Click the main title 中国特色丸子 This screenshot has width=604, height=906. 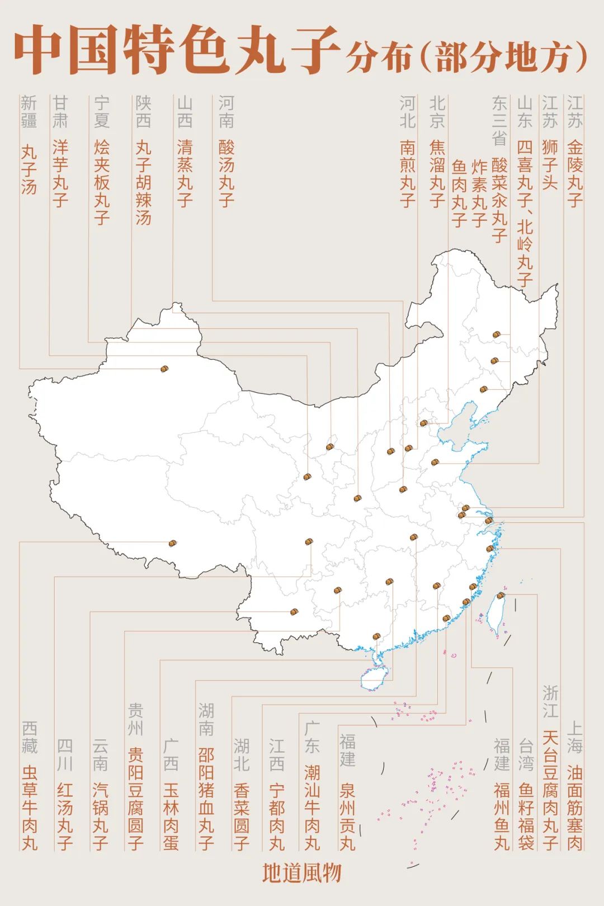click(x=178, y=50)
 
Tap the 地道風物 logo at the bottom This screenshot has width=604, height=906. click(x=301, y=873)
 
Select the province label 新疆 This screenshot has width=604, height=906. click(x=29, y=112)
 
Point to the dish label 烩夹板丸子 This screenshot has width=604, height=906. click(x=102, y=182)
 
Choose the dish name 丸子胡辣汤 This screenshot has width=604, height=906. click(x=143, y=182)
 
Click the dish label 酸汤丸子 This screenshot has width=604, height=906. click(x=226, y=173)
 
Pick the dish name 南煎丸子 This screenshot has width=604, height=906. click(x=408, y=173)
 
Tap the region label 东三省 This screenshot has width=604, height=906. click(x=499, y=120)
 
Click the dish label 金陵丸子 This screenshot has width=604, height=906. click(x=575, y=173)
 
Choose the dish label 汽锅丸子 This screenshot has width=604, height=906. click(x=101, y=816)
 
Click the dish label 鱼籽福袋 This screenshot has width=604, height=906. click(x=526, y=816)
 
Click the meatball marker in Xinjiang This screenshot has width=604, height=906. click(x=164, y=369)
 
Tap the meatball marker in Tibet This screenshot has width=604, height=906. click(x=172, y=543)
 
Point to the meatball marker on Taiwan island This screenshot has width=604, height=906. click(x=501, y=596)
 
